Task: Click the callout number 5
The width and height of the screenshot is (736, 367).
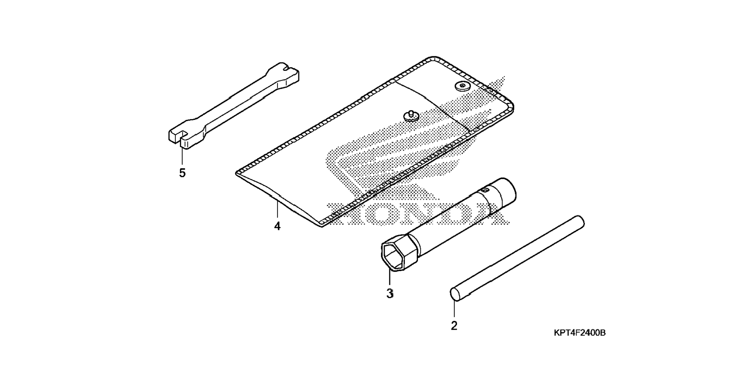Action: tap(182, 173)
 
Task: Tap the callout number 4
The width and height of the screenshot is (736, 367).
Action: tap(277, 226)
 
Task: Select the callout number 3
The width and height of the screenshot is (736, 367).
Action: tap(390, 294)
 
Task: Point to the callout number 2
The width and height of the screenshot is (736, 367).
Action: tap(454, 326)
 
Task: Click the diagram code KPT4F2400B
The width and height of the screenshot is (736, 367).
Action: tap(580, 333)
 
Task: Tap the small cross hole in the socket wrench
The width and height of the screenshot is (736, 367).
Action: tap(485, 189)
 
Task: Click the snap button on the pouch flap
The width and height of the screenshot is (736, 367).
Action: tap(462, 87)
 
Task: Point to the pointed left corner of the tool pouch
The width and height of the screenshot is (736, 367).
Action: tap(237, 173)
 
